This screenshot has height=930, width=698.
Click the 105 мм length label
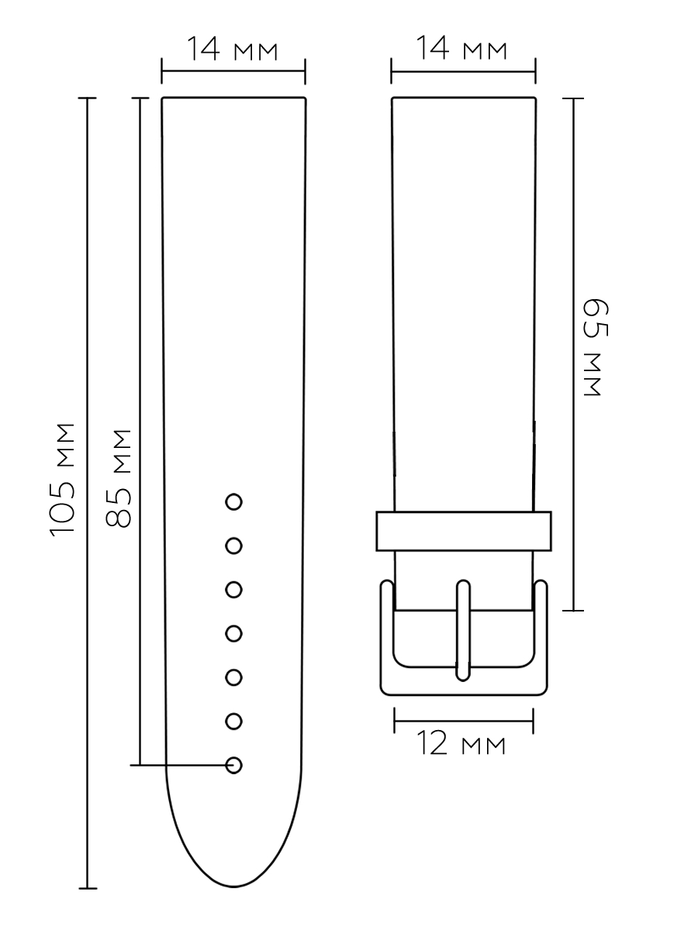click(62, 480)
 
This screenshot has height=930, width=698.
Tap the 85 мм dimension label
click(118, 478)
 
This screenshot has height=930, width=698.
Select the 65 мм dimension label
click(596, 347)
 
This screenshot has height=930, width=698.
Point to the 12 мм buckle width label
click(461, 743)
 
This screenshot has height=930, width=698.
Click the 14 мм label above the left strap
click(232, 48)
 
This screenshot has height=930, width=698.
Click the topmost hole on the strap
click(233, 502)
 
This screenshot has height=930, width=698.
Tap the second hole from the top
click(233, 546)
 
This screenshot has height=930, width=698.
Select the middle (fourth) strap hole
click(233, 633)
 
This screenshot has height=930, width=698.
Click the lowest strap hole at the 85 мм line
click(233, 765)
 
